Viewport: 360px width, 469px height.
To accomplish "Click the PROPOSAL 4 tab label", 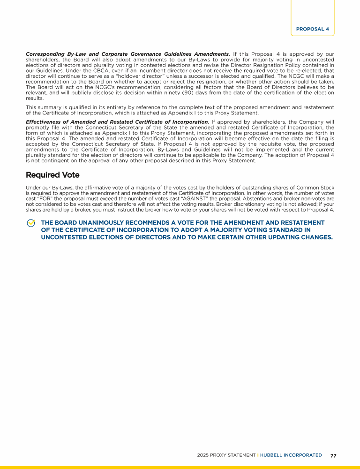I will pyautogui.click(x=312, y=29).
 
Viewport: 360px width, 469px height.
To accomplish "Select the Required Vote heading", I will pyautogui.click(x=52, y=175).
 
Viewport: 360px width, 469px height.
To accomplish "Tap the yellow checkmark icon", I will pyautogui.click(x=31, y=223).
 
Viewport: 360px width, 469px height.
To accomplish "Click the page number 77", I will pyautogui.click(x=333, y=455).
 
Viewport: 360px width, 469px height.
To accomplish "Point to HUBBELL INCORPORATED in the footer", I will pyautogui.click(x=291, y=455).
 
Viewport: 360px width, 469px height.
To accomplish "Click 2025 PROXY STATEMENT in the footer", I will pyautogui.click(x=226, y=455).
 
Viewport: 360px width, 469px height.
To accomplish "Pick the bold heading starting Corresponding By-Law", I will pyautogui.click(x=127, y=54).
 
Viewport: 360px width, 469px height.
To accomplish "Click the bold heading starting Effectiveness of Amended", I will pyautogui.click(x=117, y=122).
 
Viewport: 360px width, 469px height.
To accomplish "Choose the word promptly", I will pyautogui.click(x=38, y=127).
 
